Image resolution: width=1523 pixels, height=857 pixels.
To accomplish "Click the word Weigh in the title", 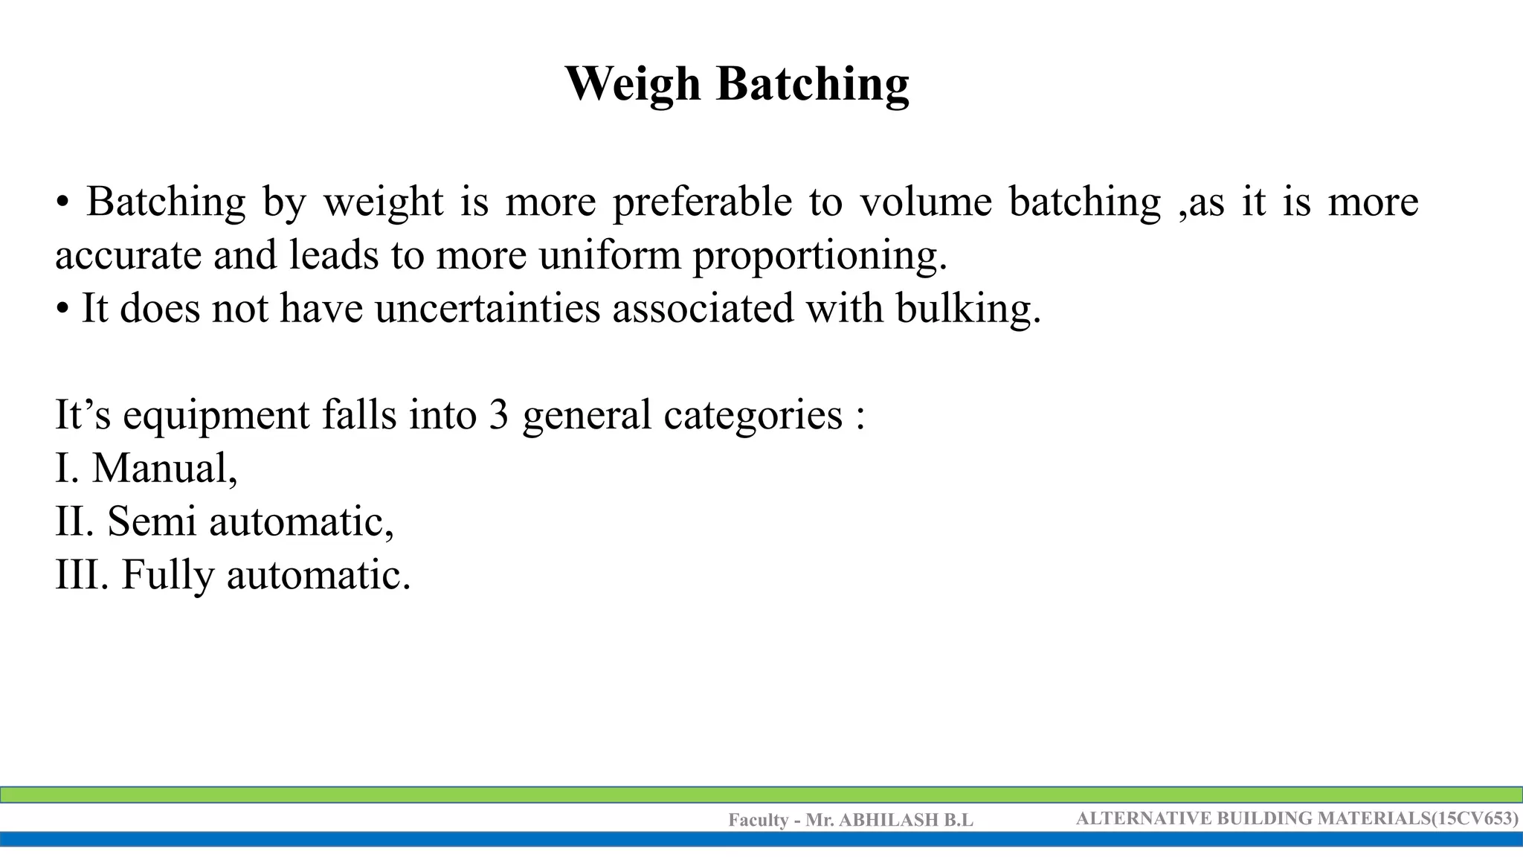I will [x=633, y=84].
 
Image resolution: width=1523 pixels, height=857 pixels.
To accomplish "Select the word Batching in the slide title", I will [x=812, y=84].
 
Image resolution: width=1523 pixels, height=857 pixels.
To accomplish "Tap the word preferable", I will [x=702, y=202].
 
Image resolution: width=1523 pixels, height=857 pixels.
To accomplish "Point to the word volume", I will [x=925, y=202].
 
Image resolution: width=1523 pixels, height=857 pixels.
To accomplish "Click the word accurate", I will [x=128, y=256].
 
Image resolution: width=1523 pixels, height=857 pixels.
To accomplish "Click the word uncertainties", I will [x=487, y=309].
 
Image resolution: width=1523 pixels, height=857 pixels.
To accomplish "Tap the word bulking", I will [x=967, y=309].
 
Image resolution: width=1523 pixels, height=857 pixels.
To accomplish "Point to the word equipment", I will [x=216, y=416].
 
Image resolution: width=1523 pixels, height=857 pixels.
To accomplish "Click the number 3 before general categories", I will [x=498, y=415].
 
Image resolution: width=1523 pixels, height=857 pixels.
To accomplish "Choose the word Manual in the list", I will [x=164, y=469].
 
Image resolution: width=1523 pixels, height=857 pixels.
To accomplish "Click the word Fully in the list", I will [x=167, y=576].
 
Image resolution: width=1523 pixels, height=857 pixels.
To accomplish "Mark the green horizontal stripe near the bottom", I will [x=761, y=795].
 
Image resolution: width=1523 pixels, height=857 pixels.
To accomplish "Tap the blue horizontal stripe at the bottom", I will [x=761, y=839].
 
